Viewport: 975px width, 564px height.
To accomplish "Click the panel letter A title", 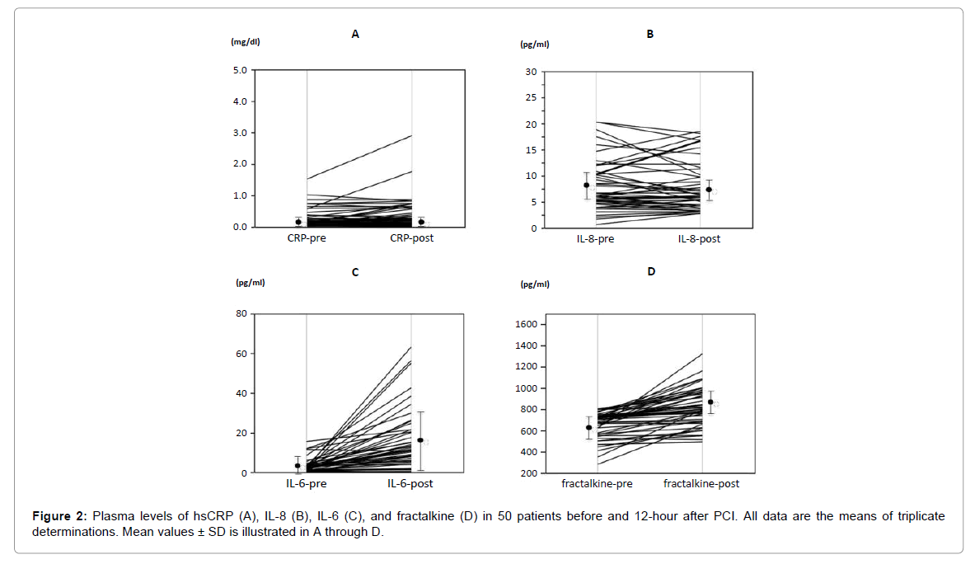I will point(355,35).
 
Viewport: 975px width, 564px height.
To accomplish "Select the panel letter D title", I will point(651,270).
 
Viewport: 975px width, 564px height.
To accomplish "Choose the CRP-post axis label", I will point(412,238).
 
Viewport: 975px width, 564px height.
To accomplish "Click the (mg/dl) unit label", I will point(246,42).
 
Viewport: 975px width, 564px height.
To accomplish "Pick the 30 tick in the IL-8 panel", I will point(532,72).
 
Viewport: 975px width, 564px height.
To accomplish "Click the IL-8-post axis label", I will point(699,239).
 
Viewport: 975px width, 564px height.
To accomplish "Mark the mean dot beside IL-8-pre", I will point(587,186).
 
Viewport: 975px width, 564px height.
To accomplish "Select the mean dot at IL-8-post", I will point(709,190).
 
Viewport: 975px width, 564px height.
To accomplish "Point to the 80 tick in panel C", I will point(241,314).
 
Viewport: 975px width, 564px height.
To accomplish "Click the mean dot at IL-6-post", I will point(420,440).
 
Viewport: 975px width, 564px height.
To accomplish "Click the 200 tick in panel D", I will point(529,473).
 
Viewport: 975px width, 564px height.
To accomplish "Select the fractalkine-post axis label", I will point(701,484).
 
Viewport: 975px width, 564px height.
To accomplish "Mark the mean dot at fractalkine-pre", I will point(588,427).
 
